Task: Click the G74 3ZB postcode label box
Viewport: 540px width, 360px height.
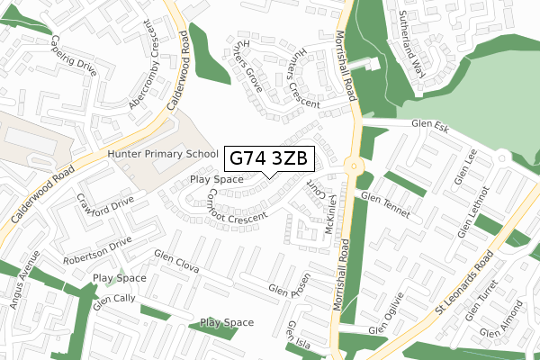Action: coord(269,158)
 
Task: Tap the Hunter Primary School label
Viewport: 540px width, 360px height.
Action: coord(163,155)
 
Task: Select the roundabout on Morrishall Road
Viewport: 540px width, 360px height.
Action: coord(352,166)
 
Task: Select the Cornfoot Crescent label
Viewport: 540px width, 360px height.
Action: coord(237,208)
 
